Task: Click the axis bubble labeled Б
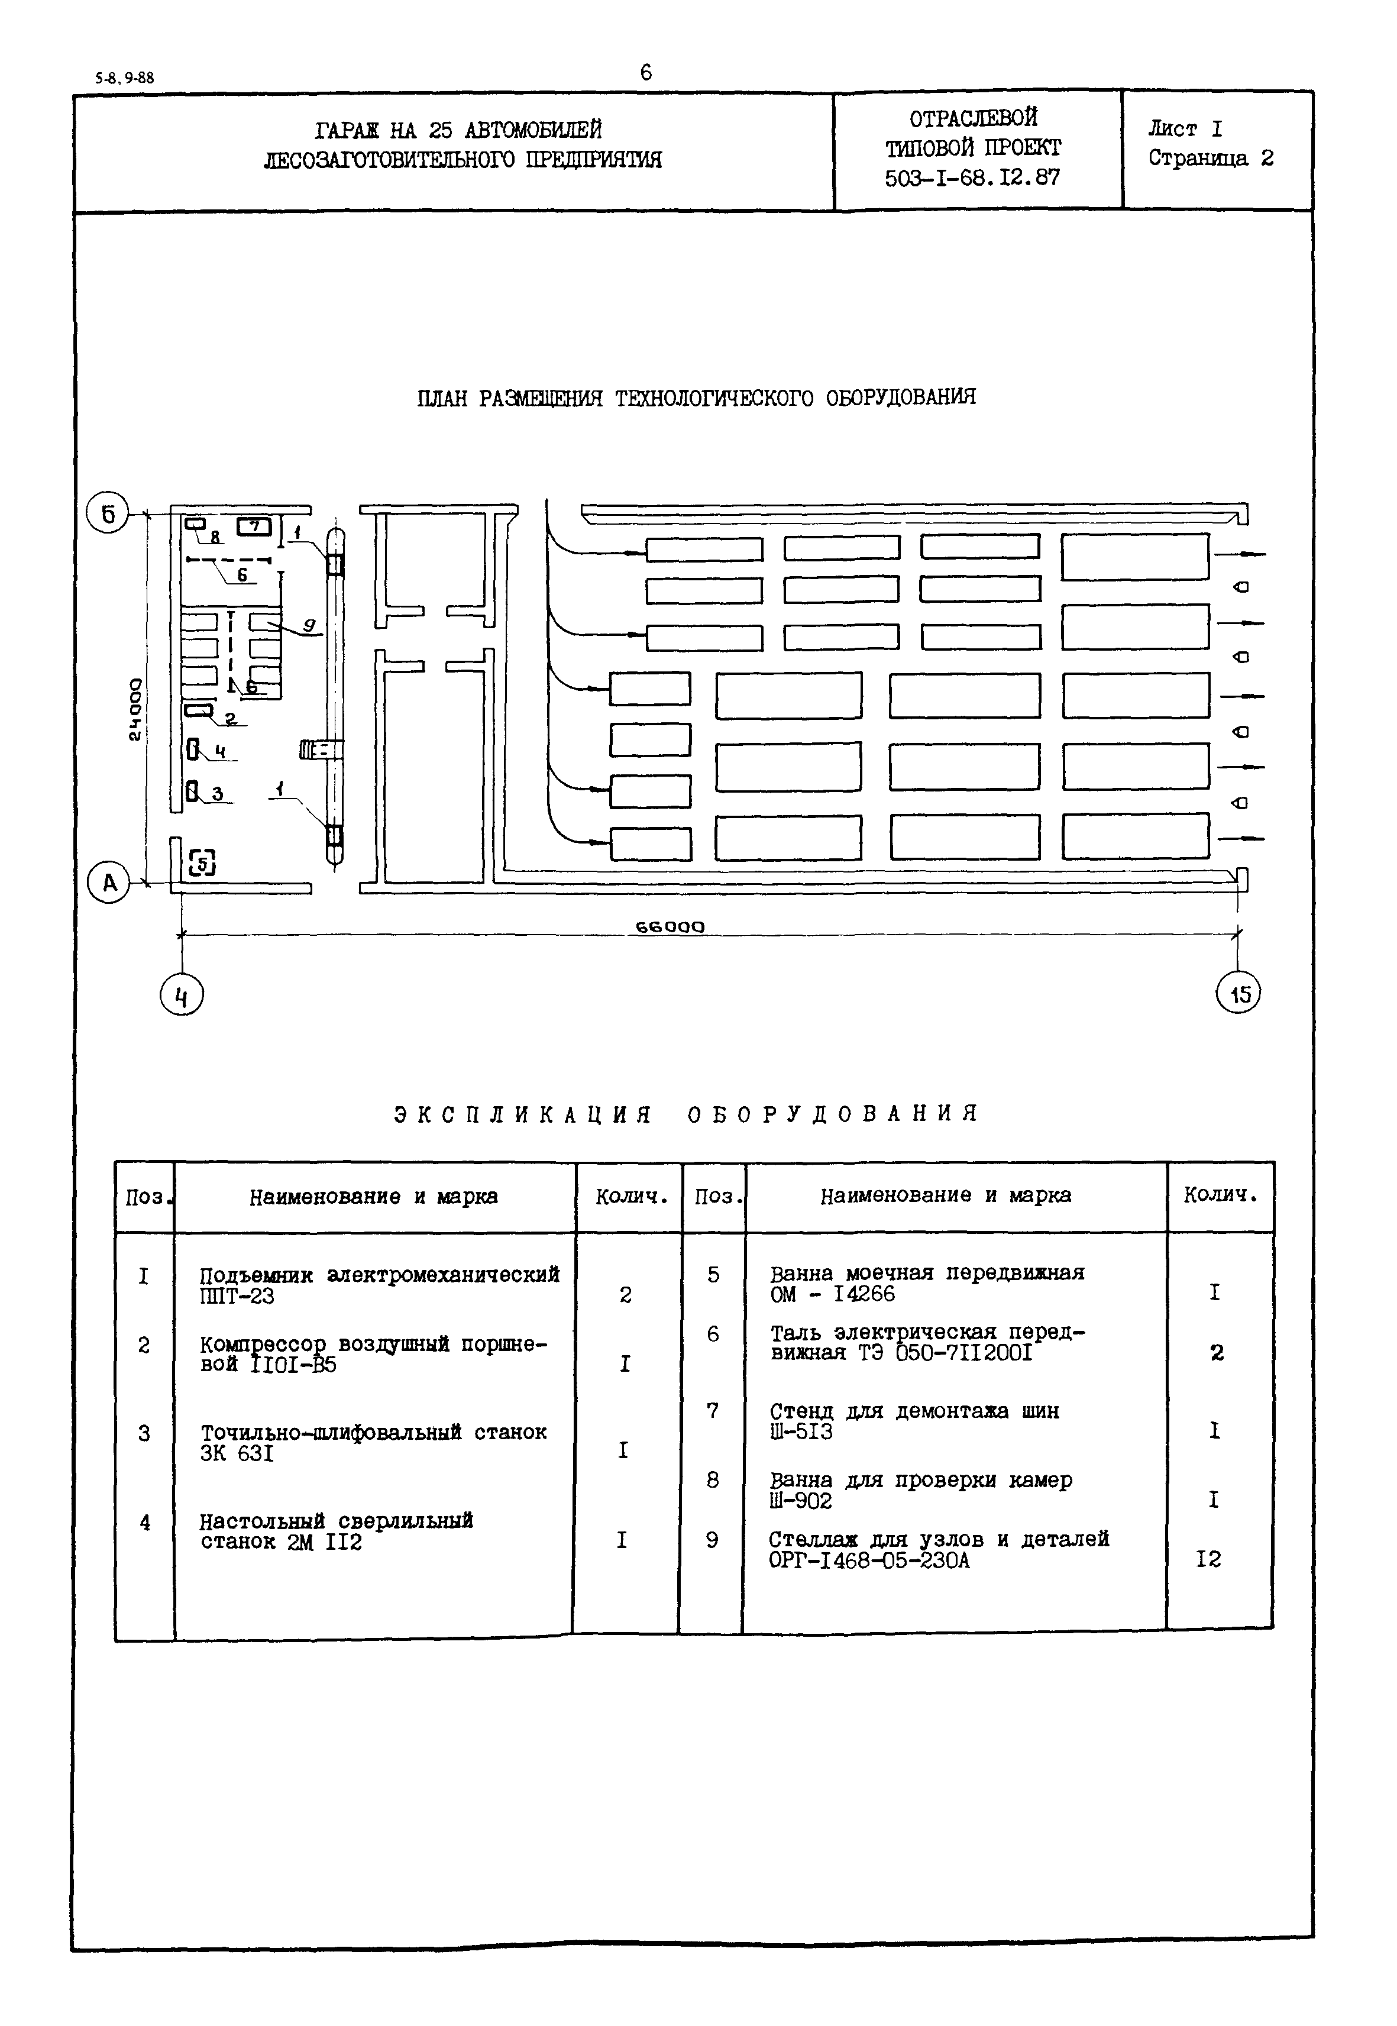(108, 514)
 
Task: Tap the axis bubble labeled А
(109, 883)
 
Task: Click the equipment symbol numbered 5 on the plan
(202, 863)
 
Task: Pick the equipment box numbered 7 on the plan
(255, 527)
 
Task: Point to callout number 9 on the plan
(309, 625)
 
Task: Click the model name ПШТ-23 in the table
(237, 1297)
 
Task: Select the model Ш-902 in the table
(801, 1501)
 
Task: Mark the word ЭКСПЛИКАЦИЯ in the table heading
(523, 1114)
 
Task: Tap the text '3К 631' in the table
(237, 1453)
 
